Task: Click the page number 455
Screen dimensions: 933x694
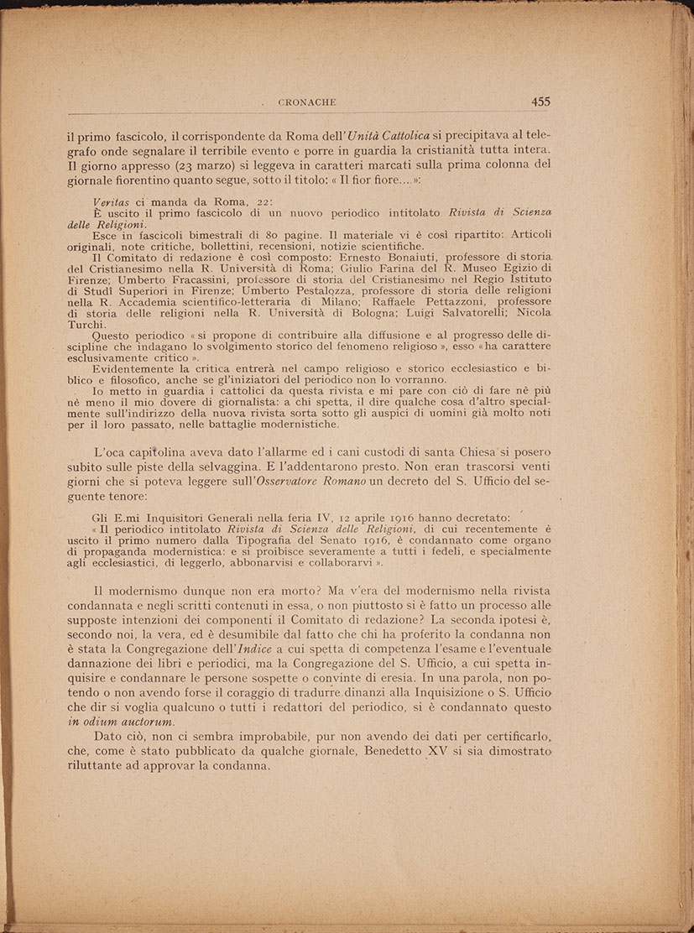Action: pyautogui.click(x=540, y=102)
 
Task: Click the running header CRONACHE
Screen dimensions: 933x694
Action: pyautogui.click(x=306, y=102)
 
